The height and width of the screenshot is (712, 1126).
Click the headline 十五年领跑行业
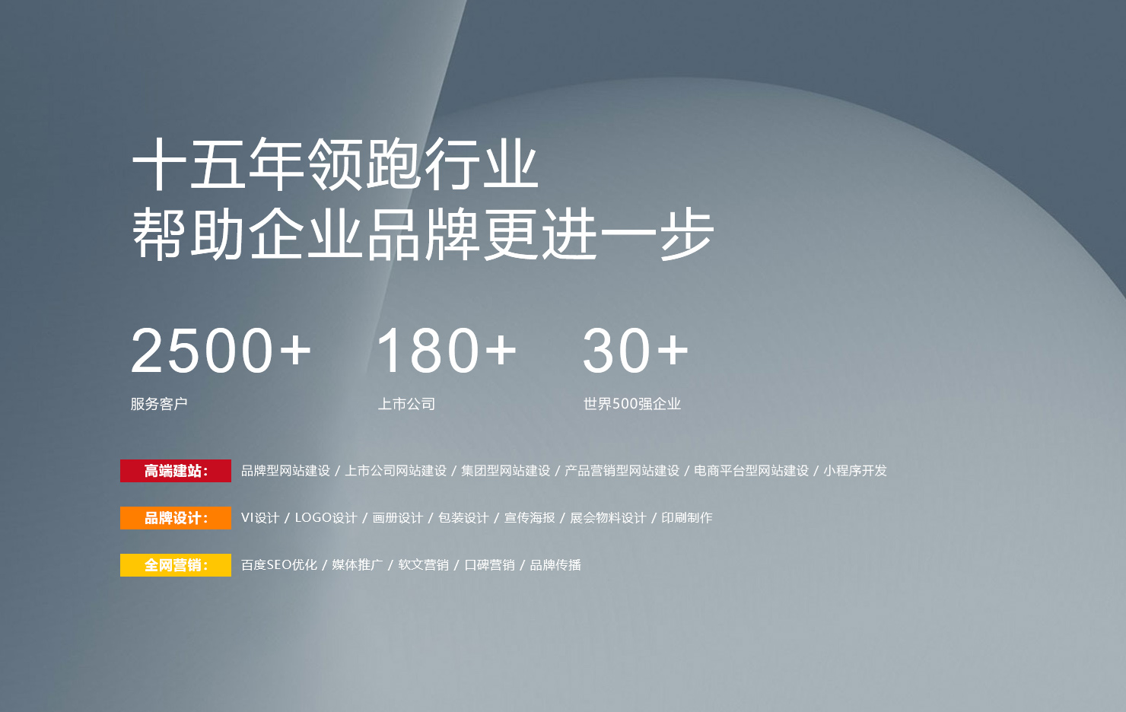(336, 164)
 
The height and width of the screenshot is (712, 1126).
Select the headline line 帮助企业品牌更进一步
(423, 234)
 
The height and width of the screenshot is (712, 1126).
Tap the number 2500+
(221, 350)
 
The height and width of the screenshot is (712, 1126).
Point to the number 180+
(447, 350)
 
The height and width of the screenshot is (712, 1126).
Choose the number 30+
(635, 350)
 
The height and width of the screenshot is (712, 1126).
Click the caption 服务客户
(159, 403)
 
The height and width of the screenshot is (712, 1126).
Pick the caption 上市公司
(406, 403)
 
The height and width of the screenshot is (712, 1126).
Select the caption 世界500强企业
(632, 403)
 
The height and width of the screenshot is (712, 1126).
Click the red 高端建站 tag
(176, 471)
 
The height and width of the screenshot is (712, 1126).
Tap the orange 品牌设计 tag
(176, 518)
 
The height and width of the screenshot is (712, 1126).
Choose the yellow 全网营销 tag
(176, 565)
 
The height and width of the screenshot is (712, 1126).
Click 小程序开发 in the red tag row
(855, 471)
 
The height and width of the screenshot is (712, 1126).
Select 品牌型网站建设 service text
(285, 471)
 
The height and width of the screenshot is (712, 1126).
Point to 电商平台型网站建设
(752, 471)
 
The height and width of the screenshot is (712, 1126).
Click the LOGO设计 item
(326, 518)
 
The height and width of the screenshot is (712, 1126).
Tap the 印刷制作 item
(687, 518)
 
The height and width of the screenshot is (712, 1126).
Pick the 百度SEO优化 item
(279, 565)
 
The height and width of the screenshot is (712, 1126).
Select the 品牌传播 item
(555, 565)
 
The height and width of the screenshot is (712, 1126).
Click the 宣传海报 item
(530, 518)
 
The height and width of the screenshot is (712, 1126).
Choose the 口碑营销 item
(490, 565)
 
